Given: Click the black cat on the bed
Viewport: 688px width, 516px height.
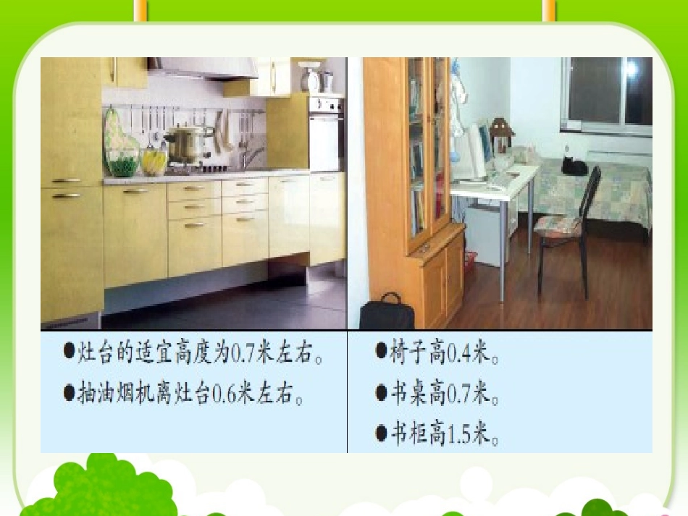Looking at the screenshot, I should click(x=574, y=166).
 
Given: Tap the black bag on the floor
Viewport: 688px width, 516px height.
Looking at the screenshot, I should click(x=387, y=313).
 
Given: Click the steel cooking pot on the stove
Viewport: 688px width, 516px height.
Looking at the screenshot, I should click(x=188, y=143).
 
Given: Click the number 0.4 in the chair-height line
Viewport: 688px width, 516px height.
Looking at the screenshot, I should click(x=459, y=354).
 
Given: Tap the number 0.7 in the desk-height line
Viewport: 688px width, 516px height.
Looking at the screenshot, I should click(x=459, y=395).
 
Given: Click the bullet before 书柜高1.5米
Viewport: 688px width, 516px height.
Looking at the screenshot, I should click(x=381, y=434).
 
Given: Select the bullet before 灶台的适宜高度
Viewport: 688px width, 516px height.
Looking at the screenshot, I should click(x=70, y=352).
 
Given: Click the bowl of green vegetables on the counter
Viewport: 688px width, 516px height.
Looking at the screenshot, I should click(x=122, y=164).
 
